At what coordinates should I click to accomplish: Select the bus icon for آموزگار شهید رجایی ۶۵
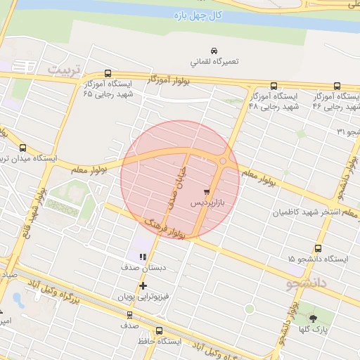coord(108,73)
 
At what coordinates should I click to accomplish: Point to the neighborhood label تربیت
coord(65,70)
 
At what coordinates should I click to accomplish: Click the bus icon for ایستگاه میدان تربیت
coord(24,148)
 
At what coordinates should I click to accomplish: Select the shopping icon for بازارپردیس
coord(205,191)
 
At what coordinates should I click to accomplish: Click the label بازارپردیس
coord(210,202)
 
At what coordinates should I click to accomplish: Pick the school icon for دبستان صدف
coord(143,257)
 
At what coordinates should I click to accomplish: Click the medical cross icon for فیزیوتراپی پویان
coord(143,285)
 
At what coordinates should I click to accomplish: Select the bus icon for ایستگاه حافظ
coord(160,330)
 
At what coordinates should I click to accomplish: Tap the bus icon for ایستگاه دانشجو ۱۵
coord(319,248)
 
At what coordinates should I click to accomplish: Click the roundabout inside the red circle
coord(223,161)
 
